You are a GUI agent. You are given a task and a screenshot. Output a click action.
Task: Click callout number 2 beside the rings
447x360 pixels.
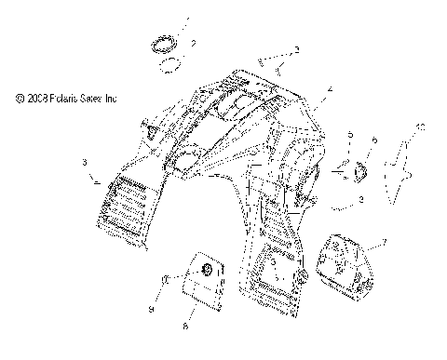click(193, 44)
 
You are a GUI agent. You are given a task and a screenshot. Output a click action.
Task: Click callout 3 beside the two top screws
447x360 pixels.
click(297, 49)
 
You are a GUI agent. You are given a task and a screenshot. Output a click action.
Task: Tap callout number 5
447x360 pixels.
click(350, 137)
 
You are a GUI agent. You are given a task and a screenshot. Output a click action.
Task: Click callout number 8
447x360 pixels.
click(185, 326)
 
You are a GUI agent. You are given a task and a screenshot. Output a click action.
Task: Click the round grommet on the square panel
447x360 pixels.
click(208, 270)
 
